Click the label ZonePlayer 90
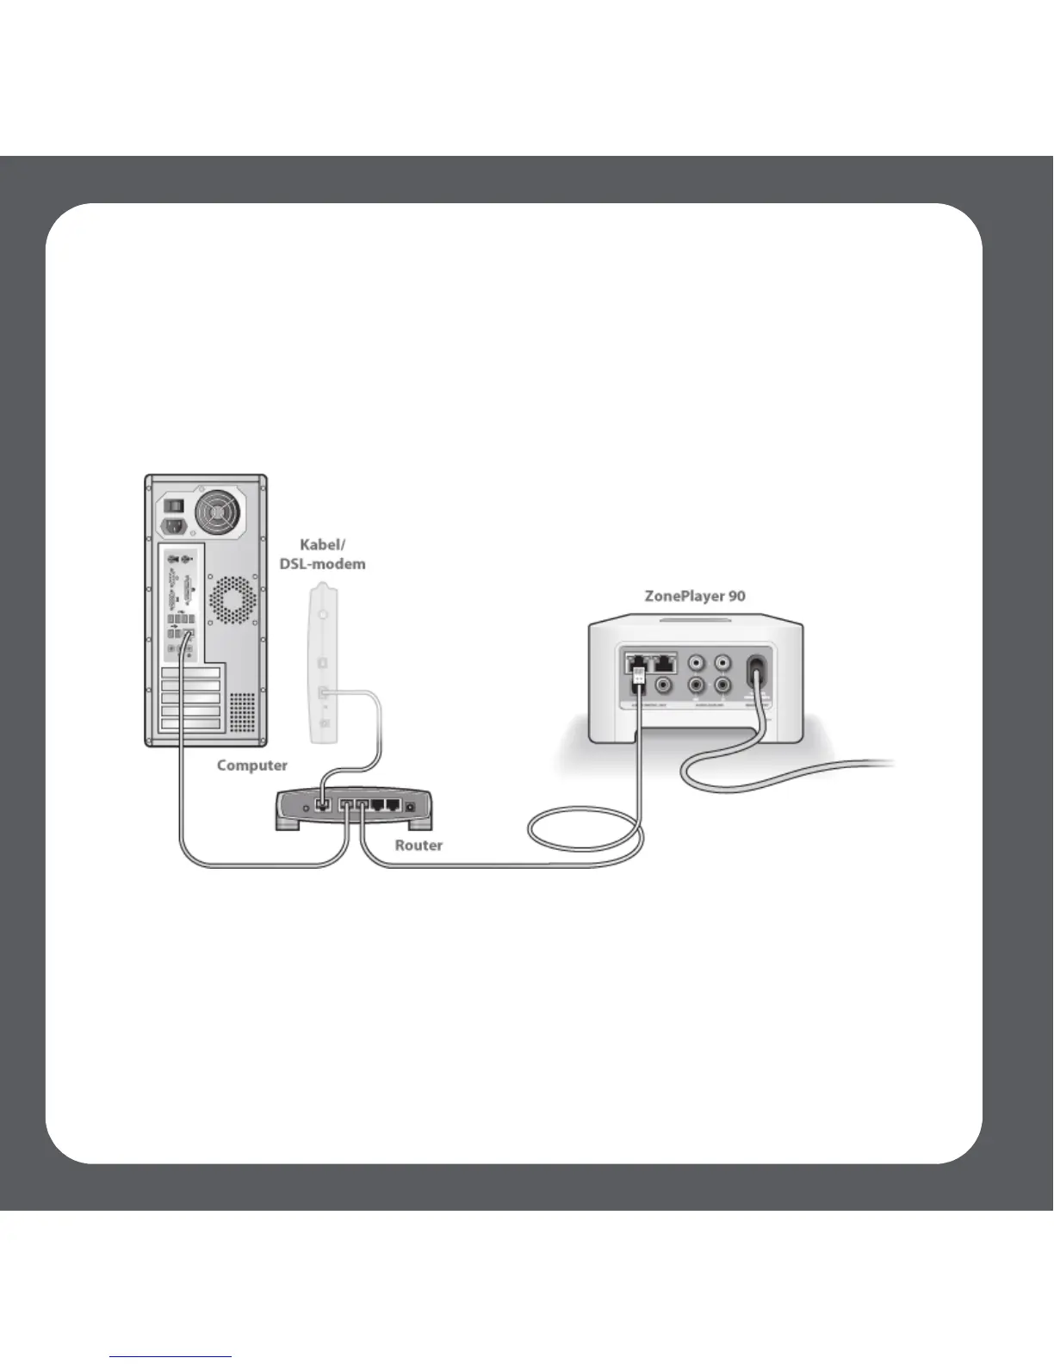point(695,596)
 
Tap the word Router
point(418,846)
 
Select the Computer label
point(251,766)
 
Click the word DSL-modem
point(322,565)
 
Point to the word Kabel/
point(322,545)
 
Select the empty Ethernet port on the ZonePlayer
point(665,663)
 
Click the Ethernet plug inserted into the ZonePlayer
point(638,673)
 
